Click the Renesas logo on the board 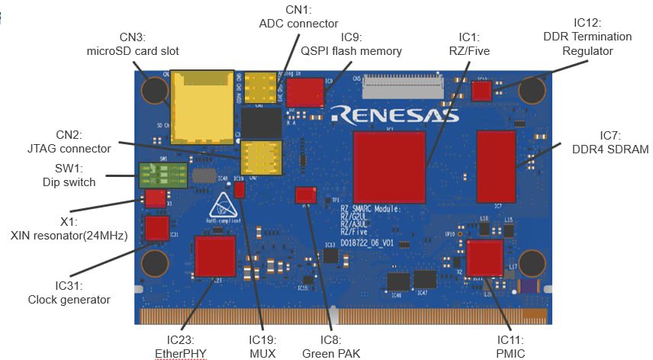[x=394, y=115]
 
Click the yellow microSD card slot [x=201, y=106]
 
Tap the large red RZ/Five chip [x=388, y=166]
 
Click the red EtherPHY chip [x=215, y=256]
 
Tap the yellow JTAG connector [x=261, y=157]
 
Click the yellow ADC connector [x=261, y=88]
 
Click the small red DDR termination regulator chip [x=481, y=92]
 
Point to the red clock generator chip [x=157, y=227]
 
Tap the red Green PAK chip [x=305, y=194]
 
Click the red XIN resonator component [x=155, y=199]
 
